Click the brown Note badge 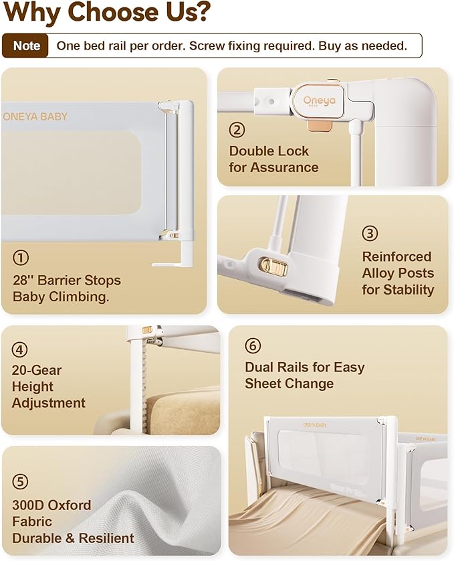[25, 46]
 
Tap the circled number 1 [21, 258]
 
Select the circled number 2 [237, 129]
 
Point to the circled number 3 [370, 233]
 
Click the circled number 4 [19, 349]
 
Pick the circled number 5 [20, 481]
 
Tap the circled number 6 [253, 345]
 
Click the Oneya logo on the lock [319, 101]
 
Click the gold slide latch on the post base [274, 266]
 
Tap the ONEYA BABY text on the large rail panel [35, 116]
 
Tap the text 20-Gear [37, 370]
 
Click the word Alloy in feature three [378, 273]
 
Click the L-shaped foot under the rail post [173, 255]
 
